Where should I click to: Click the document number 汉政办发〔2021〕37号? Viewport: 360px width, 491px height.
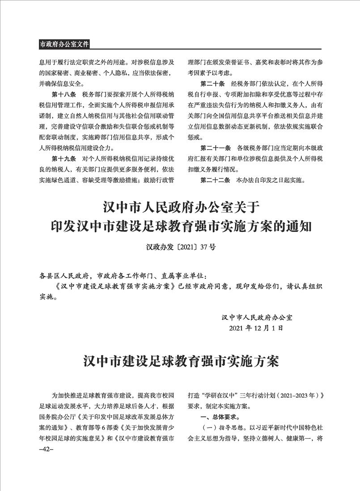tap(180, 247)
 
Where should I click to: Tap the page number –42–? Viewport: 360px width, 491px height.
tap(47, 449)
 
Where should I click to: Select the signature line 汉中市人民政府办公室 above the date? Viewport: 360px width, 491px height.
tap(257, 318)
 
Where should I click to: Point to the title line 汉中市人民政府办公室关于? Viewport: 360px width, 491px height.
tap(180, 208)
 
